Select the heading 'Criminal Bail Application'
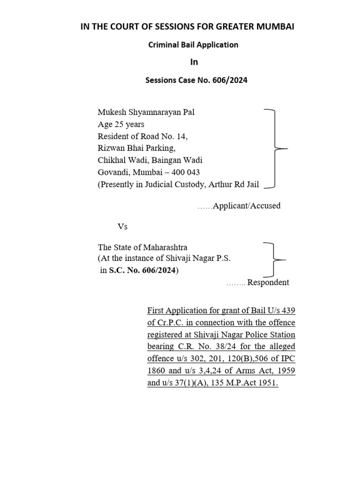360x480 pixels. pyautogui.click(x=193, y=45)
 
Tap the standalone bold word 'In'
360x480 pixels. pyautogui.click(x=194, y=62)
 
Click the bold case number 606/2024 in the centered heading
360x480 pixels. pyautogui.click(x=230, y=80)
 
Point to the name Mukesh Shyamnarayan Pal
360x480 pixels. pyautogui.click(x=146, y=112)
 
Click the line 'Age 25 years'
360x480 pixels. pyautogui.click(x=121, y=124)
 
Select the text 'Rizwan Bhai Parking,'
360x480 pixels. pyautogui.click(x=137, y=149)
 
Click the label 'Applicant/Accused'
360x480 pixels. pyautogui.click(x=247, y=206)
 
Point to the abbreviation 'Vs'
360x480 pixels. pyautogui.click(x=122, y=227)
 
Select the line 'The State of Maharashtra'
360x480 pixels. pyautogui.click(x=142, y=247)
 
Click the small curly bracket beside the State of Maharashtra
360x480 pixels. pyautogui.click(x=274, y=259)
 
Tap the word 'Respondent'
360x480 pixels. pyautogui.click(x=268, y=283)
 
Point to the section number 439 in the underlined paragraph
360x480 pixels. pyautogui.click(x=288, y=311)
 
